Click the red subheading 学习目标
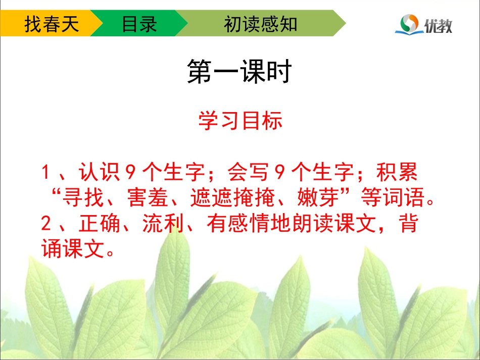tap(240, 121)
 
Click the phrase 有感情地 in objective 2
tap(246, 224)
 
